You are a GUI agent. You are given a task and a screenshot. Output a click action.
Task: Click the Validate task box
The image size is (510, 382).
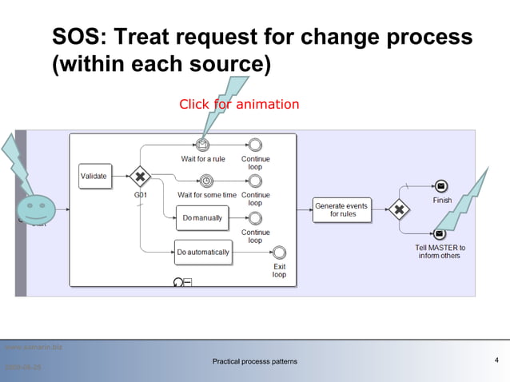pos(94,176)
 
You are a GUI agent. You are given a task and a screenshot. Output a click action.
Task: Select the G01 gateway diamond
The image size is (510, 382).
pos(140,176)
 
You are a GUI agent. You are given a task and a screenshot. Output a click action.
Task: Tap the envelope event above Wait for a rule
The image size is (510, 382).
pos(203,145)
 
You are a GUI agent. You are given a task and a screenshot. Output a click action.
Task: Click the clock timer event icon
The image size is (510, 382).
pos(206,181)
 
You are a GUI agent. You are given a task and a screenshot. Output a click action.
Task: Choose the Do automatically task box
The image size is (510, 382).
pos(202,252)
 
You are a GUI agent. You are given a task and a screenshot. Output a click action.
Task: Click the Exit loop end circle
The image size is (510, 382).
pos(279,253)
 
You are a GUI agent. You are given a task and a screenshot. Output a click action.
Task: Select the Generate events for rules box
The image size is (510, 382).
pos(341,209)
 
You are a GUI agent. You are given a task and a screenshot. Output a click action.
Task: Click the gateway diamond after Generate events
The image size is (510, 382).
pos(398,210)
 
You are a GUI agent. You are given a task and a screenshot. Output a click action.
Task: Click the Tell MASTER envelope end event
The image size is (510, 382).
pos(440,233)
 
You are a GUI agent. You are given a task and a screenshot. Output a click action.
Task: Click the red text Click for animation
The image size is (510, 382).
pos(239,105)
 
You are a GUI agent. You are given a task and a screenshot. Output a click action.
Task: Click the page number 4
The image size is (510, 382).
pos(496,361)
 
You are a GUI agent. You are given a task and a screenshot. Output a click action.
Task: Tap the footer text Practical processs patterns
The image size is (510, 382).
pos(254,362)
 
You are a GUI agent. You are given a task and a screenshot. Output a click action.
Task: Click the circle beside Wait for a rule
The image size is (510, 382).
pos(255,145)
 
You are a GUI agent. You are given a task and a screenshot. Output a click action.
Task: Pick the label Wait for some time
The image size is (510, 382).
pos(206,195)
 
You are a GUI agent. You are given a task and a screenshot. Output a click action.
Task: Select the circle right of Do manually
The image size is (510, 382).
pos(255,217)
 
